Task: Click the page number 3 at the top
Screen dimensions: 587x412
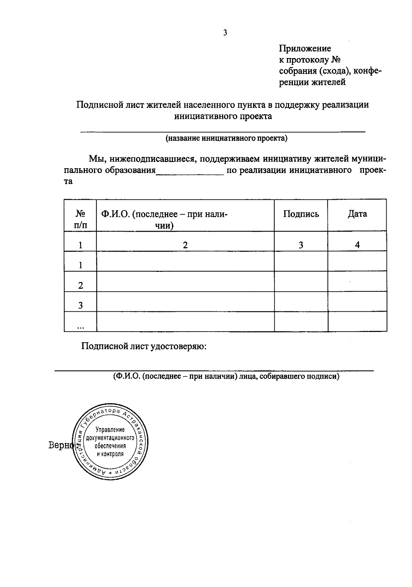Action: coord(225,33)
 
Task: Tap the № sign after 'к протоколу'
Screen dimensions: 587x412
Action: coord(335,60)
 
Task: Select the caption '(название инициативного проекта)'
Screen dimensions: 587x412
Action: coord(227,138)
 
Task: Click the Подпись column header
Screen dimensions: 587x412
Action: coord(301,214)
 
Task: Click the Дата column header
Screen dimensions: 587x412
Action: coord(357,214)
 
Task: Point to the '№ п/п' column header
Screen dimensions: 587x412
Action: coord(80,220)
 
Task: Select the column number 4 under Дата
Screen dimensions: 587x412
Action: coord(357,245)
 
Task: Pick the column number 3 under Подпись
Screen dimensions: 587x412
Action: coord(301,245)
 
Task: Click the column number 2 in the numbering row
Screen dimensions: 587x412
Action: coord(185,245)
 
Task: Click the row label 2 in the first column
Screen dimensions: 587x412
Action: coord(80,286)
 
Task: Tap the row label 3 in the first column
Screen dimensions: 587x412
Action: coord(80,306)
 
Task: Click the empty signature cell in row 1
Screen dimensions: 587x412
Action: coord(301,262)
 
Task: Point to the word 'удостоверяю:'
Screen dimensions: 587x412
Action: coord(179,346)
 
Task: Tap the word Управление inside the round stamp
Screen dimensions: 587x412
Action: coord(110,430)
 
